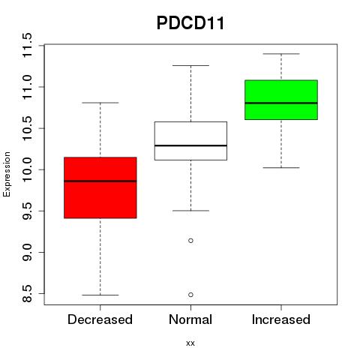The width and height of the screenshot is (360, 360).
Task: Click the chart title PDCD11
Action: click(190, 23)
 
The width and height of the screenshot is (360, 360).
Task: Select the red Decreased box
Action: click(100, 187)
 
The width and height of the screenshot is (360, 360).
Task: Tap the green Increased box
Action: click(281, 100)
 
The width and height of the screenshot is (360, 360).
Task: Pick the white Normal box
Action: click(190, 141)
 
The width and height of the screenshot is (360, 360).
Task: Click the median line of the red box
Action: click(100, 181)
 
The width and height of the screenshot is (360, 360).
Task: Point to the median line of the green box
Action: click(281, 103)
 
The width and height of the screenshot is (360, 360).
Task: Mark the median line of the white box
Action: click(190, 145)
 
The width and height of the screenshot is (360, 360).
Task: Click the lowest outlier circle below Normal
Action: click(190, 295)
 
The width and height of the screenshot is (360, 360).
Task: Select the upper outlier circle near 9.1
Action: click(190, 241)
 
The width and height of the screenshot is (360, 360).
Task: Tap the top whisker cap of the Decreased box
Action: click(100, 103)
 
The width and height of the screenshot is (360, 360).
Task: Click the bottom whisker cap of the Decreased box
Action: click(100, 295)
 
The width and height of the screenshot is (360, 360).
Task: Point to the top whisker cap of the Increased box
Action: click(281, 54)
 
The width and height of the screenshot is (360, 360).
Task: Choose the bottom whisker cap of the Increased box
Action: click(281, 167)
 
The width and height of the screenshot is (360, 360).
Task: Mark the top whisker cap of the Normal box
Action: click(190, 65)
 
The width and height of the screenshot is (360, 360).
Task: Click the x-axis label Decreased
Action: click(100, 319)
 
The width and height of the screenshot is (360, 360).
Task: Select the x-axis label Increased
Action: click(281, 319)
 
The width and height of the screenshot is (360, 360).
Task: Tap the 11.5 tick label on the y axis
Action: click(27, 45)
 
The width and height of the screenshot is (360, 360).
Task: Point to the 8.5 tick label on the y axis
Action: click(27, 293)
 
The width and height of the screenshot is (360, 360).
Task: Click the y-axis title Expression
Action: click(7, 174)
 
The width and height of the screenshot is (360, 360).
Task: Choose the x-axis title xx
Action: click(190, 343)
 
